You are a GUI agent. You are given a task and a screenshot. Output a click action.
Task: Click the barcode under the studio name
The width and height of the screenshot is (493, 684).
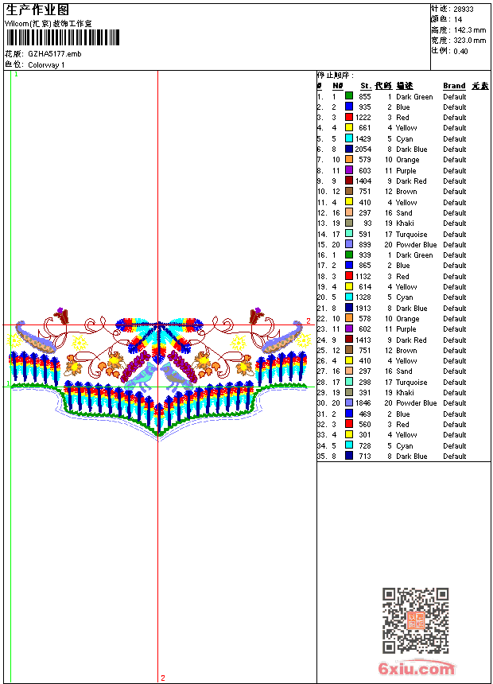pos(62,37)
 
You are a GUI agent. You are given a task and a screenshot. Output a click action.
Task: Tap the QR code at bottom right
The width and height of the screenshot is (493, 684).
pos(415,620)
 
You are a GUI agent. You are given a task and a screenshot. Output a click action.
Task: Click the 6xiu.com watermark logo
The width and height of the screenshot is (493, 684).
pos(416,668)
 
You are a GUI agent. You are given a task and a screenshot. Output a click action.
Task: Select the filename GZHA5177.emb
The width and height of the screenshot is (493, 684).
pos(55,54)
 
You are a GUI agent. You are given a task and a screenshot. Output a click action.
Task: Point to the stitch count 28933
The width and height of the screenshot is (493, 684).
pos(464,10)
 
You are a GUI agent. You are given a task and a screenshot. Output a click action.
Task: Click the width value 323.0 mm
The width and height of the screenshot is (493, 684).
pos(470,41)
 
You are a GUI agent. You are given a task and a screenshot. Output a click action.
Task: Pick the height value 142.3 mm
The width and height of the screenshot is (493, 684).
pos(470,30)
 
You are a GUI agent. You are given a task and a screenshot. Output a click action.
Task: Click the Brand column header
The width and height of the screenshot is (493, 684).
pos(454,86)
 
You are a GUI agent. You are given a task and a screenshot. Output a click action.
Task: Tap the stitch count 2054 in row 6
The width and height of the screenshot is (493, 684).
pos(363,150)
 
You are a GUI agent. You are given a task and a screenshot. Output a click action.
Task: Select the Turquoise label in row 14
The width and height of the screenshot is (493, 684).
pos(411,235)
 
